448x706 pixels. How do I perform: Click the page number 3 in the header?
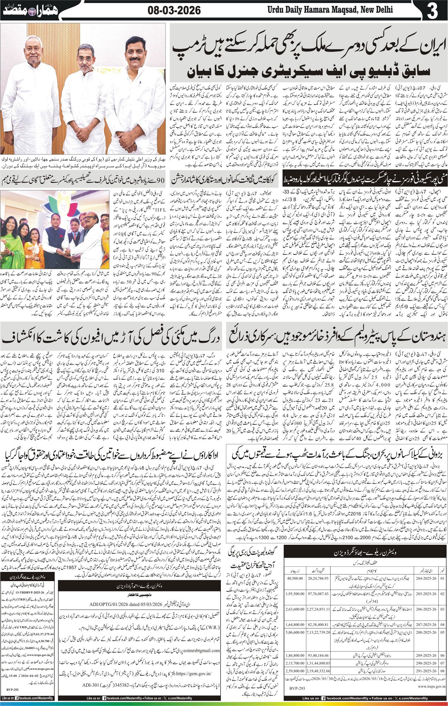[432, 11]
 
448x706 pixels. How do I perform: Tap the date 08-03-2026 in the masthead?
[174, 11]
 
